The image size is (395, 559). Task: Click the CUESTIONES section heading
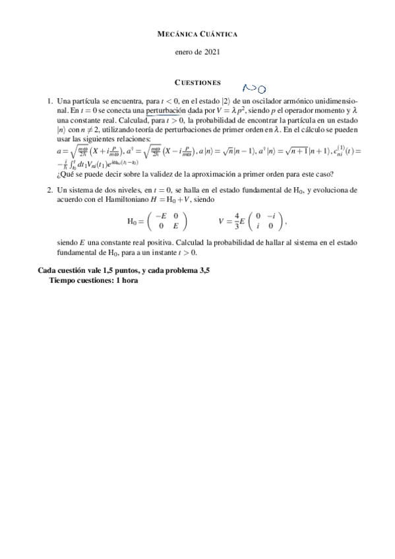point(197,82)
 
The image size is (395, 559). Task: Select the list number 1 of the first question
point(50,102)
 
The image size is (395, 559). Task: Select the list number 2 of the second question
point(50,189)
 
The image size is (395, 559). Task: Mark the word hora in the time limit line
point(129,280)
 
